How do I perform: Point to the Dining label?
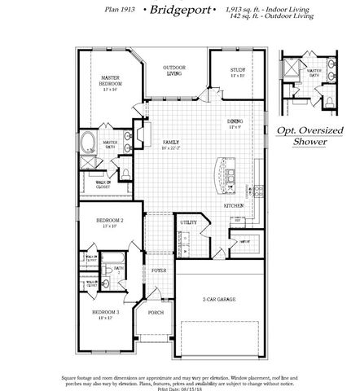point(235,125)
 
